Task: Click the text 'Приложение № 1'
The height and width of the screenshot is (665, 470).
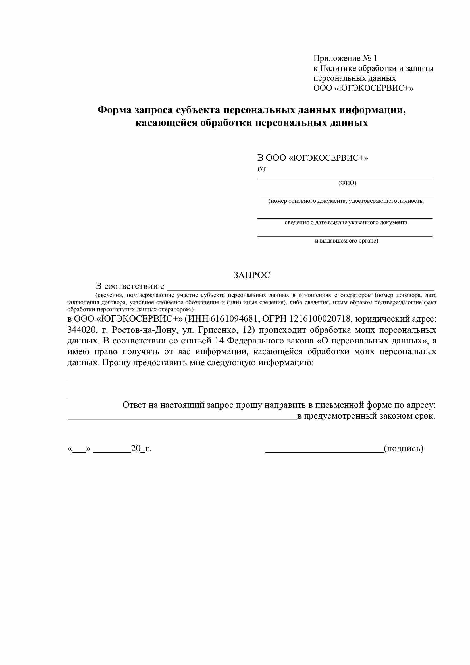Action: click(x=345, y=58)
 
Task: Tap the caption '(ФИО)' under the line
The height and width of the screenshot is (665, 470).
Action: click(x=347, y=183)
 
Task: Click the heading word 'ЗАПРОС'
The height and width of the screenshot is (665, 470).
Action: click(x=251, y=275)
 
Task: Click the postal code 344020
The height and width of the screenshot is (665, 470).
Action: click(x=82, y=330)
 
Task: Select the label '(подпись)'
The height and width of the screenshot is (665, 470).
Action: click(x=404, y=449)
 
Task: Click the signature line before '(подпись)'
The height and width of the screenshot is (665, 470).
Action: click(x=324, y=451)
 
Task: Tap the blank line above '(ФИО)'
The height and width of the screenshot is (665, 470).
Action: click(x=345, y=179)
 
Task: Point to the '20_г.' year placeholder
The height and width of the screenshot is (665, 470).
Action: click(x=141, y=449)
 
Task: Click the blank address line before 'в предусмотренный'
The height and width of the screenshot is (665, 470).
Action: click(x=182, y=419)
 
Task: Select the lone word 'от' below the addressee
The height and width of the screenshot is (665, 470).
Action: click(x=262, y=169)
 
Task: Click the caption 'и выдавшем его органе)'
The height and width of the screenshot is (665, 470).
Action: click(x=346, y=241)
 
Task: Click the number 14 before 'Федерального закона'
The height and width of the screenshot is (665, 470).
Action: click(x=220, y=341)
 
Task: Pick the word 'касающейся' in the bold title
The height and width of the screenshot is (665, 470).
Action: click(x=167, y=123)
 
